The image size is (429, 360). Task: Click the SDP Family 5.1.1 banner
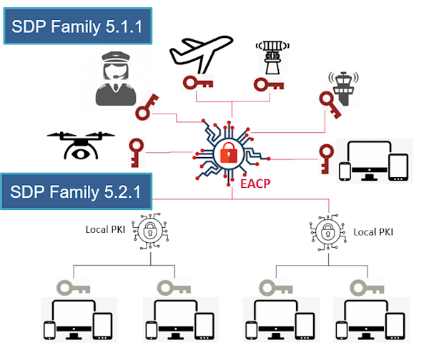pyautogui.click(x=78, y=26)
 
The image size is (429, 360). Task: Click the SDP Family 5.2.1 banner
pyautogui.click(x=76, y=191)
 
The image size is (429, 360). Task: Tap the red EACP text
pyautogui.click(x=255, y=184)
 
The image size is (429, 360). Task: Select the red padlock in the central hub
pyautogui.click(x=229, y=153)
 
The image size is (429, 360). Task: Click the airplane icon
pyautogui.click(x=201, y=54)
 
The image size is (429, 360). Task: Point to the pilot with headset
pyautogui.click(x=116, y=79)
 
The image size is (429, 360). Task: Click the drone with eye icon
pyautogui.click(x=81, y=145)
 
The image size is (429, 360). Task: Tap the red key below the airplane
pyautogui.click(x=198, y=83)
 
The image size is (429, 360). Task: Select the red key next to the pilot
pyautogui.click(x=147, y=107)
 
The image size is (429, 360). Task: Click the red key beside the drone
pyautogui.click(x=136, y=153)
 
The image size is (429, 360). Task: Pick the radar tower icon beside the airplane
pyautogui.click(x=272, y=57)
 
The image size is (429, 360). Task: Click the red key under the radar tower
pyautogui.click(x=269, y=84)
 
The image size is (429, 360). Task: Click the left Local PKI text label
pyautogui.click(x=105, y=229)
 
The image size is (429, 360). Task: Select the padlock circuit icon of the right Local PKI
pyautogui.click(x=328, y=233)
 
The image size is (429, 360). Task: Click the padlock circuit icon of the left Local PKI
pyautogui.click(x=150, y=231)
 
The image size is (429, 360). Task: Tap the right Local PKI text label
pyautogui.click(x=373, y=232)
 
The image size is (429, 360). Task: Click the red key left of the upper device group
pyautogui.click(x=327, y=159)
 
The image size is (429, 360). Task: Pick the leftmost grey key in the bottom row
pyautogui.click(x=74, y=288)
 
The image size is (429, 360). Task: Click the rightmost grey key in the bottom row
pyautogui.click(x=367, y=288)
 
